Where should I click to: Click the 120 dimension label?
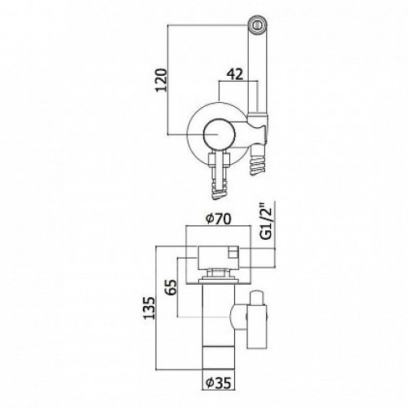point(162,80)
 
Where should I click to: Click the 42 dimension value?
point(235,74)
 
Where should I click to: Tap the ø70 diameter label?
point(219,219)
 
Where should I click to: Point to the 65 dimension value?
point(171,287)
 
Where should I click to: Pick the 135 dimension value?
point(149,308)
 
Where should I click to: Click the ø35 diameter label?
point(219,383)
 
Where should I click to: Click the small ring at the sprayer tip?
point(256,25)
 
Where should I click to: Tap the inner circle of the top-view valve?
point(219,135)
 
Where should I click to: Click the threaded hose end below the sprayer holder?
point(257,162)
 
